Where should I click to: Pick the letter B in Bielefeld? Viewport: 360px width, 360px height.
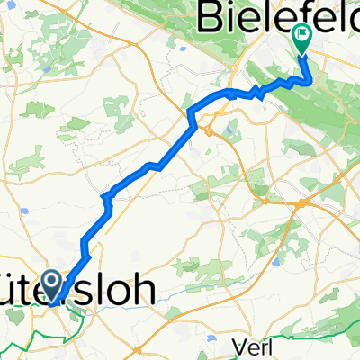pos(209,16)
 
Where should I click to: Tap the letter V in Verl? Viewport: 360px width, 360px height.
pos(236,346)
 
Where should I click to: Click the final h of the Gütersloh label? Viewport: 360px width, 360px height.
pos(149,288)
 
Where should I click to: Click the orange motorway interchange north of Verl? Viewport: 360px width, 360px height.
pos(298,203)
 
